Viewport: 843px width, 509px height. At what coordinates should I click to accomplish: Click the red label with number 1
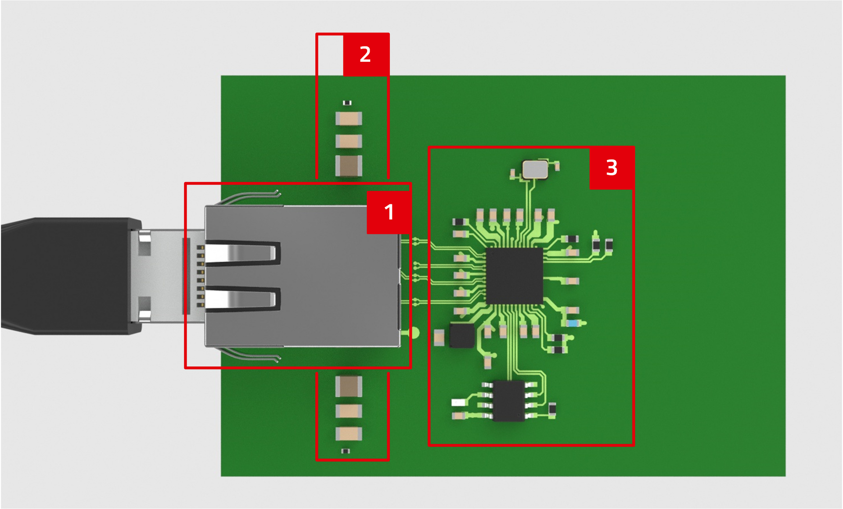389,212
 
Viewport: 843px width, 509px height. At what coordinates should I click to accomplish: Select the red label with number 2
365,54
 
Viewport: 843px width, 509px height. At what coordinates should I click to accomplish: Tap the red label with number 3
612,168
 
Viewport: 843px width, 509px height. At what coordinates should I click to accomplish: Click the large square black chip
514,276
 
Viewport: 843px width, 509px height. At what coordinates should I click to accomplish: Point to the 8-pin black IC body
509,401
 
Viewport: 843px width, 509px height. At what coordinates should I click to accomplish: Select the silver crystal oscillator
535,169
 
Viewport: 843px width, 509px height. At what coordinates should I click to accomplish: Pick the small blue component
573,323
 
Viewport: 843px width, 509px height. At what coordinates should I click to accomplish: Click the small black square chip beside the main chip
462,336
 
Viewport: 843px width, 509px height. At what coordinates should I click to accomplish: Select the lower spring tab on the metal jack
241,299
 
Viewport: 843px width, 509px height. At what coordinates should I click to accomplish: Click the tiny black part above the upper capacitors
347,103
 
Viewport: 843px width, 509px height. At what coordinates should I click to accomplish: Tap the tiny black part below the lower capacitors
346,451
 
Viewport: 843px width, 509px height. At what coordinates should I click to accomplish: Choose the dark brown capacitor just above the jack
349,166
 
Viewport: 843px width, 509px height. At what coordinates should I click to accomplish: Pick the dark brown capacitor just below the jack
349,386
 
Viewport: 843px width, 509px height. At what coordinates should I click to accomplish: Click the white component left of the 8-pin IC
458,402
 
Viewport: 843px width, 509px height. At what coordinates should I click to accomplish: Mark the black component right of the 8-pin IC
552,409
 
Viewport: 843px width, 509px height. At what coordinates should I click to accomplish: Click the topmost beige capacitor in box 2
349,118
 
